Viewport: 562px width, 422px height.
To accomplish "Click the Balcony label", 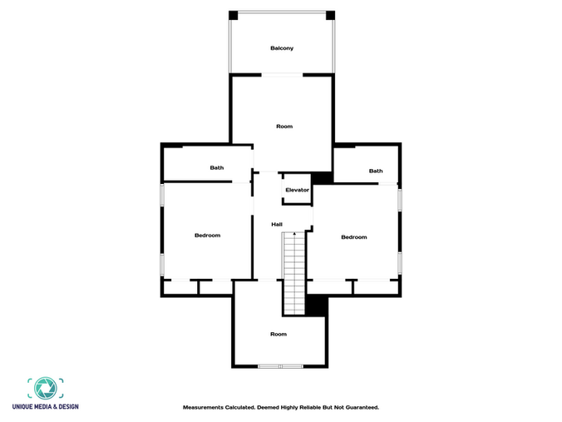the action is (x=282, y=48).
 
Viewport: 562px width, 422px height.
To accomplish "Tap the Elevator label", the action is (x=297, y=190).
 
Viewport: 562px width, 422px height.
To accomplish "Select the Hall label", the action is (x=277, y=224).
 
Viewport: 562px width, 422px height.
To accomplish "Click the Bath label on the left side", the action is (x=217, y=167).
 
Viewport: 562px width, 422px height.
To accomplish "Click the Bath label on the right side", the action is (x=376, y=171).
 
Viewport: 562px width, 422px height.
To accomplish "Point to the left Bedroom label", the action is (x=208, y=236).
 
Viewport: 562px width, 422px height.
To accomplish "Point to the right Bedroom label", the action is (x=354, y=237).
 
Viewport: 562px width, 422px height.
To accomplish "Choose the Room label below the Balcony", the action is (x=284, y=127).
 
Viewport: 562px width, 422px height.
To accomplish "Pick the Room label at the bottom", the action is (x=279, y=334).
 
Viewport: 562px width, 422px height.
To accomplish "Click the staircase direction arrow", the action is (x=294, y=234).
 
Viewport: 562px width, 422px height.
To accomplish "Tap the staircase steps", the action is (x=294, y=274).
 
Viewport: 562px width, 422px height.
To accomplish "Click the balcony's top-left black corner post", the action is (x=234, y=16).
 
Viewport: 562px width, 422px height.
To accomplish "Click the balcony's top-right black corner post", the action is (x=330, y=16).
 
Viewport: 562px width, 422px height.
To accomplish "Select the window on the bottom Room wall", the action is (x=281, y=366).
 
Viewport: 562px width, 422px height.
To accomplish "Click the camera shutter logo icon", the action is (x=46, y=388).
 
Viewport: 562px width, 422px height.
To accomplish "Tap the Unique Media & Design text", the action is (x=46, y=406).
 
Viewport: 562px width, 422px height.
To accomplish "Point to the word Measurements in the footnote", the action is (x=203, y=407).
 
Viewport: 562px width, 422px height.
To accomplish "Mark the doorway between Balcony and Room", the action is (x=282, y=75).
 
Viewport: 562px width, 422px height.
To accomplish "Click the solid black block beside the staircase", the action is (x=317, y=305).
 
